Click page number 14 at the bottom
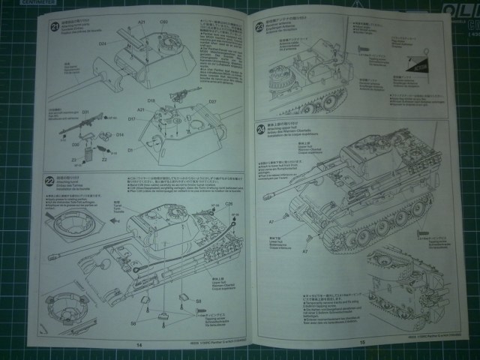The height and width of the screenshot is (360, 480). tap(139, 344)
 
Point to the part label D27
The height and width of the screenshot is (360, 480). tap(212, 101)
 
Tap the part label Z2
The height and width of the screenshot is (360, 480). tap(104, 160)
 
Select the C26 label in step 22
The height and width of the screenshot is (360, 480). tap(228, 204)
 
